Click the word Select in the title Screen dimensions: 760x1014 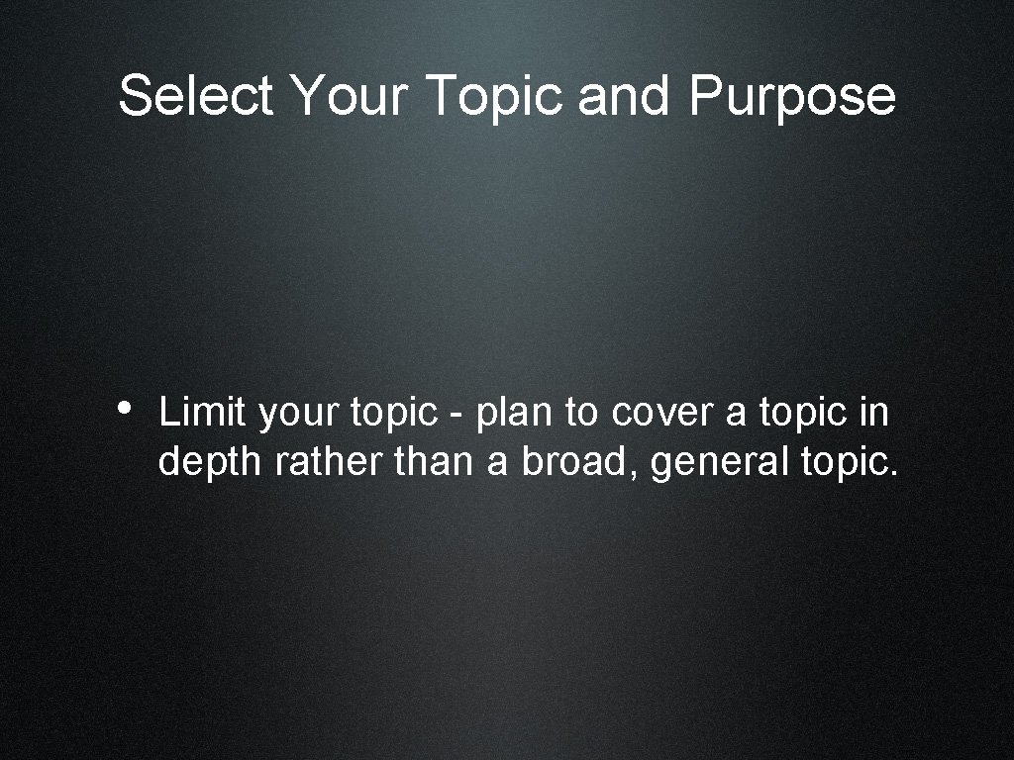coord(194,96)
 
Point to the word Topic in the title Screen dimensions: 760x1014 coord(497,96)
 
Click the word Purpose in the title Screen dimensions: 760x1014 coord(792,96)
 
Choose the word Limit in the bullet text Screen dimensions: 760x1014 coord(201,413)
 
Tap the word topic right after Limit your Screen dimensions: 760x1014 coord(391,415)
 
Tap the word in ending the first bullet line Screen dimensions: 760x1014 coord(874,413)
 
